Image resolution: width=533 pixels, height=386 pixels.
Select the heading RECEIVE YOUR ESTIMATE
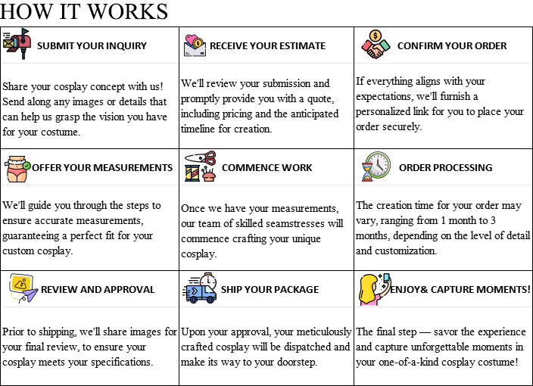coord(267,45)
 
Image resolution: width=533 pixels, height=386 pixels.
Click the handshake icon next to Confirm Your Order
coord(376,45)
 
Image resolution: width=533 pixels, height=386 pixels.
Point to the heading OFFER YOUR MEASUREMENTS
coord(104,167)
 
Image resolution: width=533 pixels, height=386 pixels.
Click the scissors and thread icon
coord(200,167)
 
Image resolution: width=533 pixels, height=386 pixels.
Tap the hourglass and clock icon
coord(376,167)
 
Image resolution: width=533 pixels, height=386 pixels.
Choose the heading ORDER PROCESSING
coord(445,167)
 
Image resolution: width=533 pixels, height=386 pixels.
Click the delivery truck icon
coord(200,289)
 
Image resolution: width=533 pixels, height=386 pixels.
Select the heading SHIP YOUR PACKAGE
coord(269,289)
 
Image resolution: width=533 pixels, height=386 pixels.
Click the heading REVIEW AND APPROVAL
coord(98,289)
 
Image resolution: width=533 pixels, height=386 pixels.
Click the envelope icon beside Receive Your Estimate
coord(195,45)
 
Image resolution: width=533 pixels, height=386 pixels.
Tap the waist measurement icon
coord(18,167)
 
